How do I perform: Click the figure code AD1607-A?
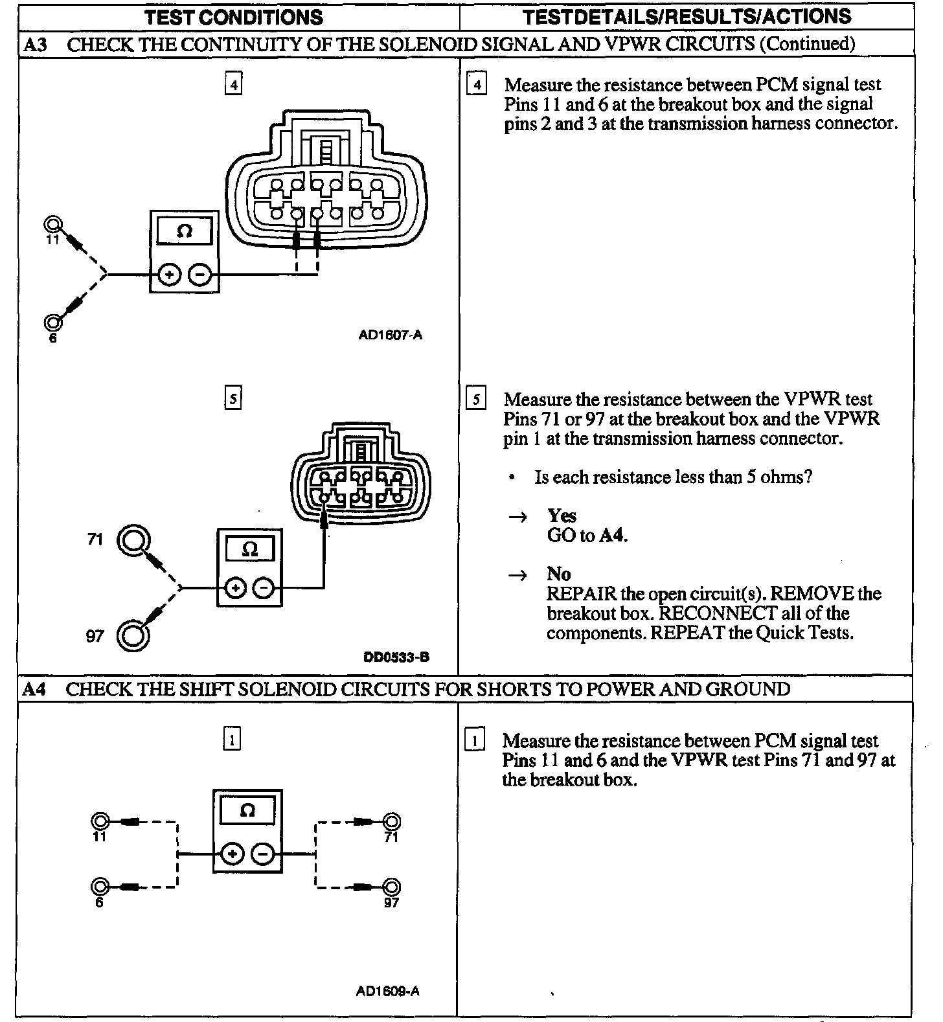[x=390, y=335]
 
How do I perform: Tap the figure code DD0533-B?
[x=396, y=657]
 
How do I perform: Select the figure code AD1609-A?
[x=387, y=991]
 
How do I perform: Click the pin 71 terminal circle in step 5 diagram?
[x=133, y=539]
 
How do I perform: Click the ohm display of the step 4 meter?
[x=184, y=231]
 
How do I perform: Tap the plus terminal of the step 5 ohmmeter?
[x=235, y=588]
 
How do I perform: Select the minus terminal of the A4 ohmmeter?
[x=262, y=855]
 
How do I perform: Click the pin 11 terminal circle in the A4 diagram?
[x=100, y=822]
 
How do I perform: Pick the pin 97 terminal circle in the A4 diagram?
[x=392, y=887]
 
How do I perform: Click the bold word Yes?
[x=562, y=516]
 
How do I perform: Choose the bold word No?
[x=558, y=574]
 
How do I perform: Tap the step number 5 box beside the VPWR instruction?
[x=475, y=399]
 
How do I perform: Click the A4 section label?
[x=34, y=689]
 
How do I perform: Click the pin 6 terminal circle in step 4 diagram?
[x=52, y=322]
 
